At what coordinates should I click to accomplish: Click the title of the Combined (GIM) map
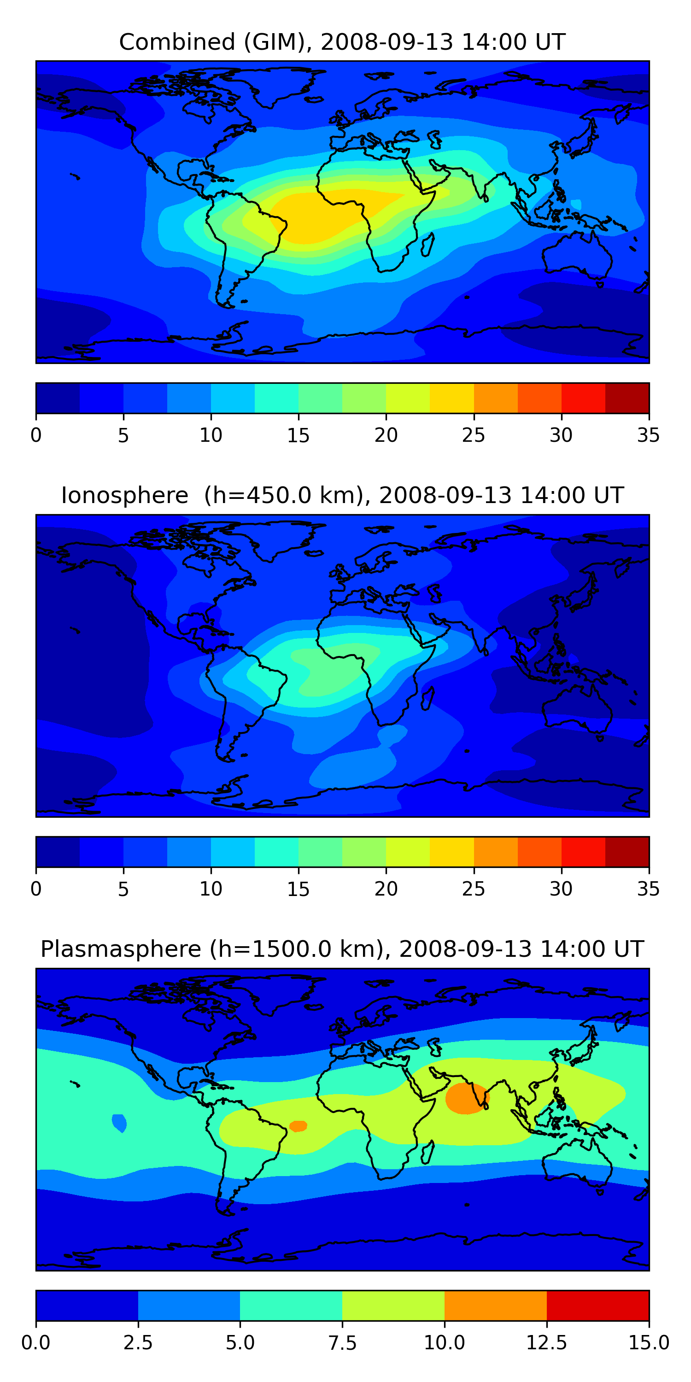342,42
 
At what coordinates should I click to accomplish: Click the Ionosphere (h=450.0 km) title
342,495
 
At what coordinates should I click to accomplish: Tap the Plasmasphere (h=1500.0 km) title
342,949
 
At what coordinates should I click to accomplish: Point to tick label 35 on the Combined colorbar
648,435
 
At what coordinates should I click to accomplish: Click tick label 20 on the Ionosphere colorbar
386,889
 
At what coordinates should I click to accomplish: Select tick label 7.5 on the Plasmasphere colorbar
342,1342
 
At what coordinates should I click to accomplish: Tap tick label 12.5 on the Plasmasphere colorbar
546,1342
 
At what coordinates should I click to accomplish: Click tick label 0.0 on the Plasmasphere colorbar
36,1342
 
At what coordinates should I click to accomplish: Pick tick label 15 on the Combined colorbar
299,435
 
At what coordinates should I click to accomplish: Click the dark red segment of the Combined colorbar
627,398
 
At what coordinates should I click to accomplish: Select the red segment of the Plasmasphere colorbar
597,1305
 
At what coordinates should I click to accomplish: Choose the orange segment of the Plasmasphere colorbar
495,1305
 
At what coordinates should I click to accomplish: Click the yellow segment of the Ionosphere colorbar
452,851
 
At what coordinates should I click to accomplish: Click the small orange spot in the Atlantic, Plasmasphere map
298,1125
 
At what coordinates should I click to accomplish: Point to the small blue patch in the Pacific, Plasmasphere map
119,1122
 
